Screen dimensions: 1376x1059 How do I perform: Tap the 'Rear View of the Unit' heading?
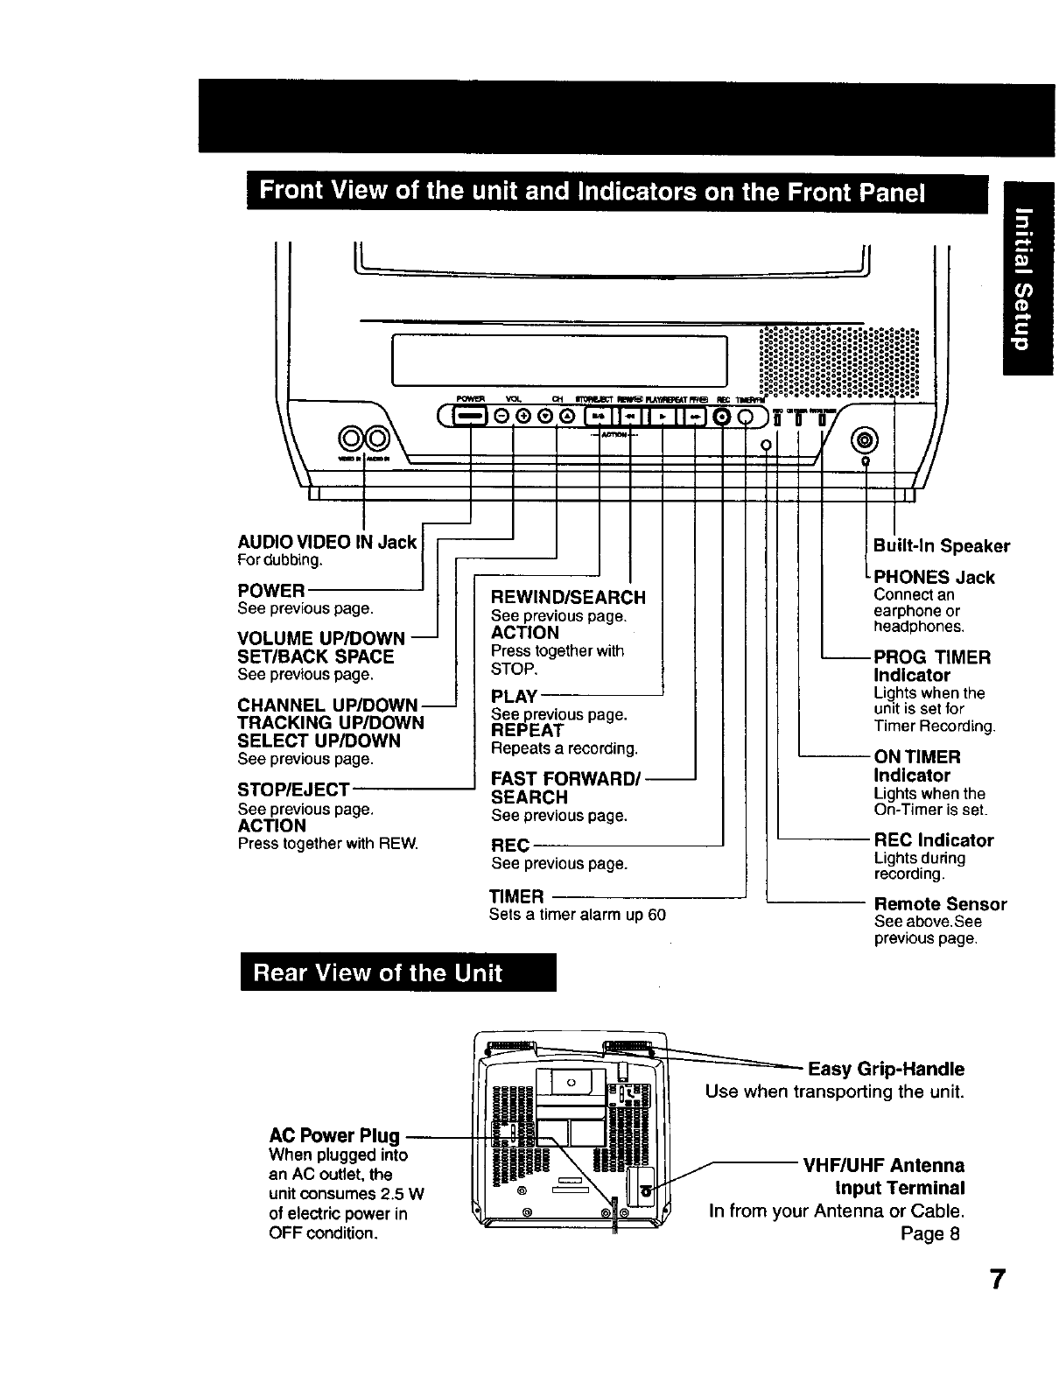[378, 972]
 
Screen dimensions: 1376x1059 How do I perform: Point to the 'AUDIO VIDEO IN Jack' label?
[326, 542]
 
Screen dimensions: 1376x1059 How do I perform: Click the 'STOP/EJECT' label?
[293, 789]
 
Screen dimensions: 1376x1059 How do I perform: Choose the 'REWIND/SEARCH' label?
[568, 597]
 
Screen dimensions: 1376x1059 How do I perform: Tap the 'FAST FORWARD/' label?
[567, 778]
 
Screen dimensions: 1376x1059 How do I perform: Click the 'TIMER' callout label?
[516, 896]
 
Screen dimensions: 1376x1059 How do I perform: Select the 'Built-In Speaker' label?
[942, 546]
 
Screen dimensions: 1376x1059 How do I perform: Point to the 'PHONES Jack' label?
[934, 577]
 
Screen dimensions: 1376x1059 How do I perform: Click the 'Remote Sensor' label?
[941, 903]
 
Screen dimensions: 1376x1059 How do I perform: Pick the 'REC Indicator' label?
[934, 840]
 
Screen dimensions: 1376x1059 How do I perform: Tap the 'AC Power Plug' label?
[334, 1136]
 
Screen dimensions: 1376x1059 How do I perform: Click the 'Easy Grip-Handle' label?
[886, 1069]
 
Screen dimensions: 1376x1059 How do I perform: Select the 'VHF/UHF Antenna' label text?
[884, 1165]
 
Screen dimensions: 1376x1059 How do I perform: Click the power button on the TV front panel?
[470, 417]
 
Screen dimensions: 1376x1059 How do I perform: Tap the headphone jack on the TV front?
[865, 439]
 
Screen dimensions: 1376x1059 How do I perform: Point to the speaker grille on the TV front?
[838, 363]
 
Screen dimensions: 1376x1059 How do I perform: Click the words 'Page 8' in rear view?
[930, 1233]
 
